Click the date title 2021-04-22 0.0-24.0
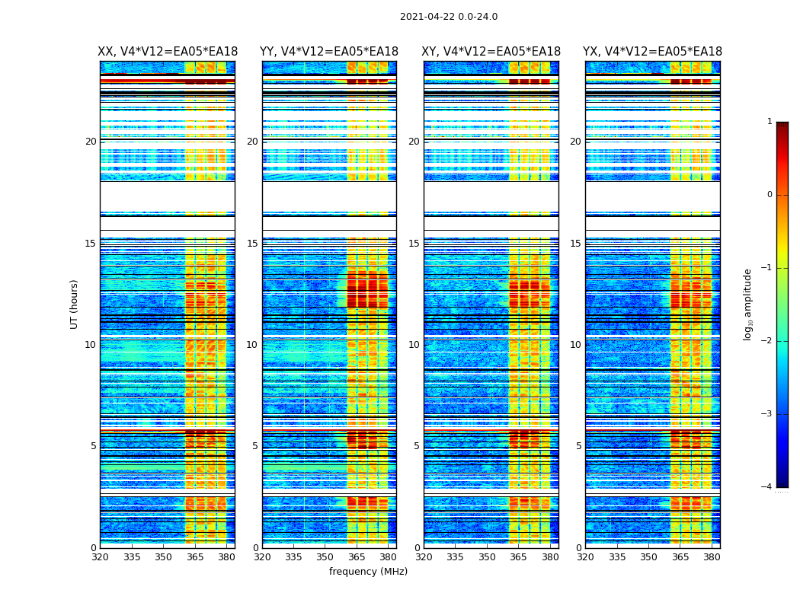449,17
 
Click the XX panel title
168,52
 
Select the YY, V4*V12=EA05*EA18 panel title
329,52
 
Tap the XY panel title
491,52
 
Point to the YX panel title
652,52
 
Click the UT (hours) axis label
75,304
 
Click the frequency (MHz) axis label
368,572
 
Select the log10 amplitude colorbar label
748,304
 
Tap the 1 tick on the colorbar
770,122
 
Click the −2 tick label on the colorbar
766,341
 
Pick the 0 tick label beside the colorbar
770,195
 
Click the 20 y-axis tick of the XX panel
91,142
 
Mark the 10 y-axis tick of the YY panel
252,345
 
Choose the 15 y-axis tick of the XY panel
414,244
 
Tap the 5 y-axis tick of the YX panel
578,446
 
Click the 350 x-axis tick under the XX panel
163,557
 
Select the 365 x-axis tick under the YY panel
357,557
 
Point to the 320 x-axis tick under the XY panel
424,557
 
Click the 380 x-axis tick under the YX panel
712,557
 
